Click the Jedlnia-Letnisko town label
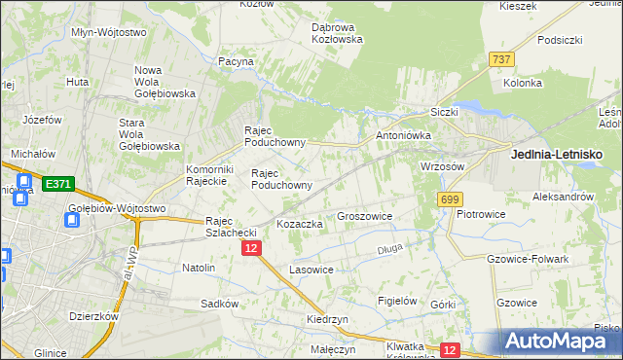pos(557,155)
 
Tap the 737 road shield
pos(501,59)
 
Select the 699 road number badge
pos(449,199)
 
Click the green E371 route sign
pos(56,183)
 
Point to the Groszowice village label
pos(363,216)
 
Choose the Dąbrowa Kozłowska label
pos(337,33)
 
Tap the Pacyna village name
pos(236,61)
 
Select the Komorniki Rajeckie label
pos(206,174)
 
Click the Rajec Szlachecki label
pos(230,227)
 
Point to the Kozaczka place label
pos(299,224)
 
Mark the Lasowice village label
pos(311,269)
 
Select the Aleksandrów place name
pos(563,196)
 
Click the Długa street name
pos(389,250)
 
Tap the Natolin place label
pos(198,267)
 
